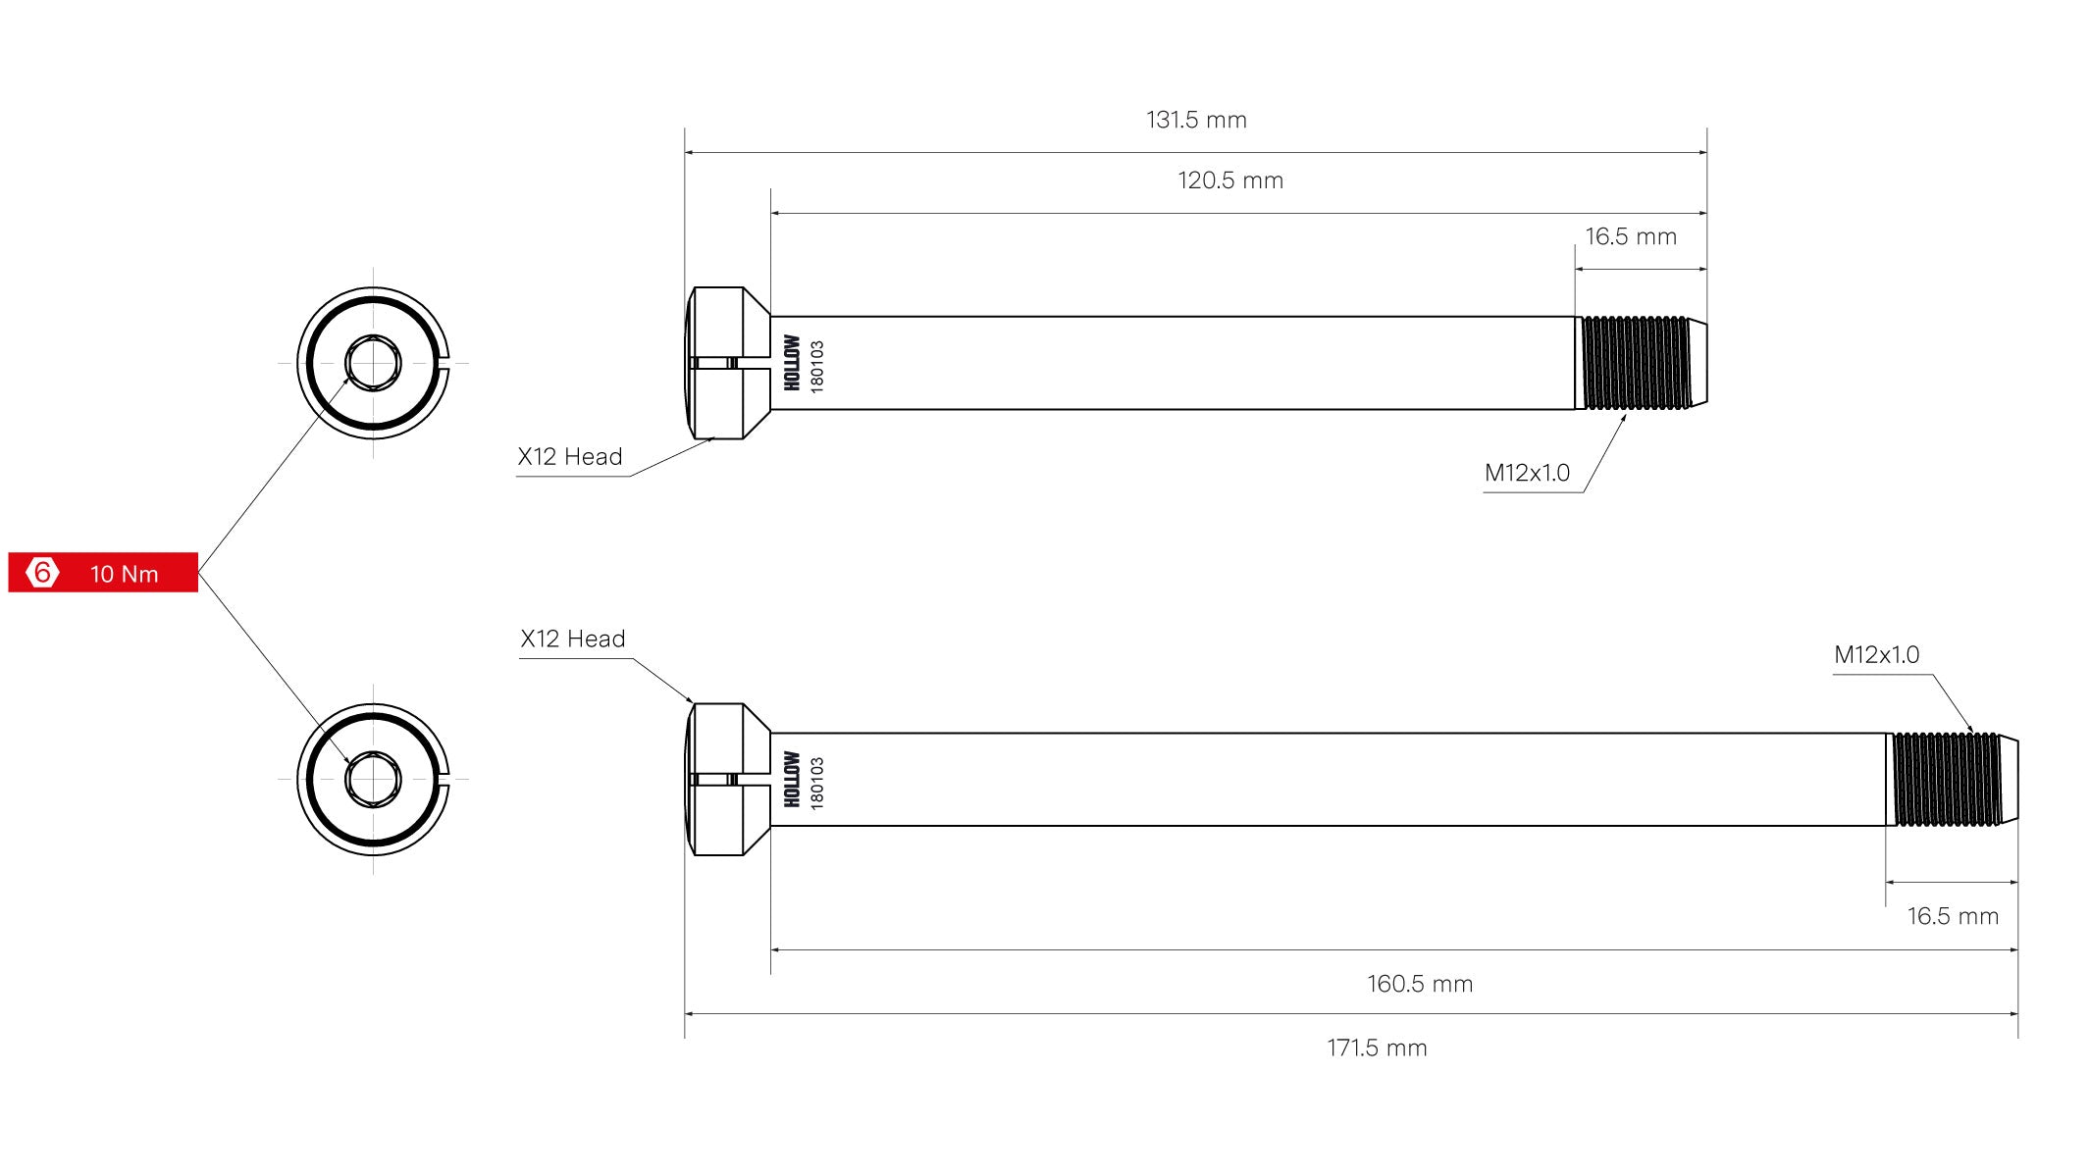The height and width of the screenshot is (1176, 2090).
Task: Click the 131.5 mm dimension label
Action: point(1196,120)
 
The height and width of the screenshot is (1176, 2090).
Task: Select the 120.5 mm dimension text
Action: point(1230,180)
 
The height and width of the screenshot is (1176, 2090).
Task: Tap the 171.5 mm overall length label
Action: point(1377,1048)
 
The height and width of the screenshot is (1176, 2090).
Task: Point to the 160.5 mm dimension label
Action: point(1420,984)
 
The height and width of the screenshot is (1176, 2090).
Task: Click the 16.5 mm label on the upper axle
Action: point(1631,236)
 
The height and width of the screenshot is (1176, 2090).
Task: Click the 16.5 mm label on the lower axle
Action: point(1953,916)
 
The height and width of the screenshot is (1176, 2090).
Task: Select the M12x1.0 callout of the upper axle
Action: point(1527,473)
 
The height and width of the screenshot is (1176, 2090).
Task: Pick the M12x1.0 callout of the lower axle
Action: point(1876,654)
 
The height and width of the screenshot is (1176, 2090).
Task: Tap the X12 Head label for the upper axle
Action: point(570,457)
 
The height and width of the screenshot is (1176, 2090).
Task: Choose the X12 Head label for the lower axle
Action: point(573,639)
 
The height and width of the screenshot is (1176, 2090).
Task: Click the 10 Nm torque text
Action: point(125,574)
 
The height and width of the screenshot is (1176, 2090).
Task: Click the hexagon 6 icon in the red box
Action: point(42,572)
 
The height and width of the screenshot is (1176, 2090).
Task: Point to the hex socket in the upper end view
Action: point(373,363)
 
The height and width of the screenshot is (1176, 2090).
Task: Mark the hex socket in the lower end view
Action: point(373,780)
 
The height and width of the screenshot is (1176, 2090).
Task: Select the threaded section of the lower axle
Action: point(1947,780)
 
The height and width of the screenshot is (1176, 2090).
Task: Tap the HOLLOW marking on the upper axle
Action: point(792,363)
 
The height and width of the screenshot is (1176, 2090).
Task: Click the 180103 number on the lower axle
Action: point(817,782)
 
